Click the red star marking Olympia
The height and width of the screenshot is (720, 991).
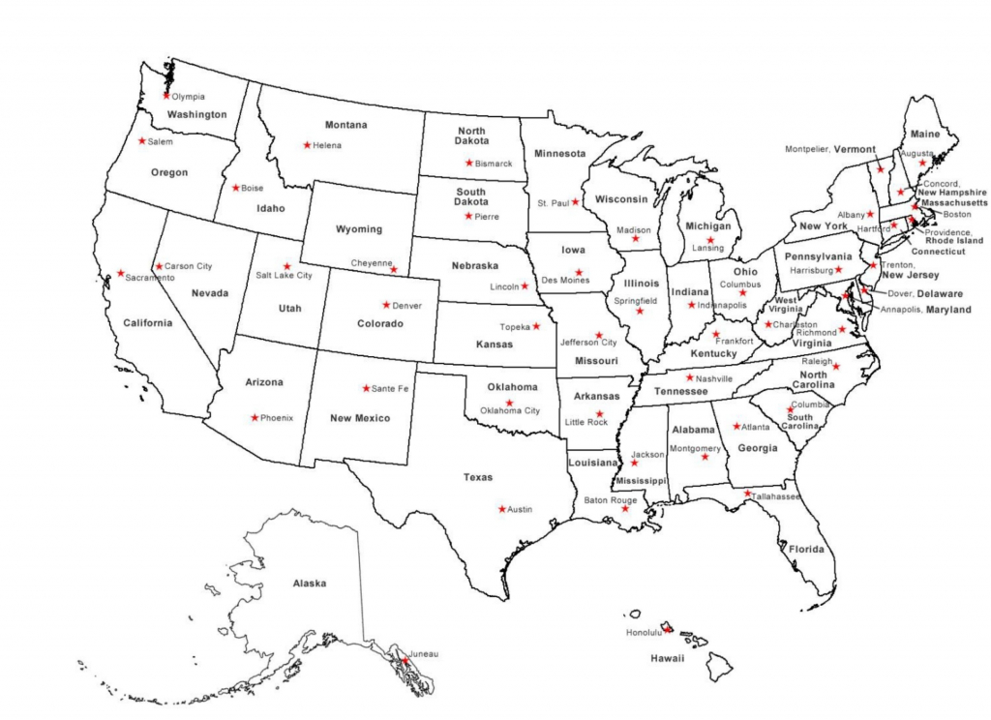point(166,96)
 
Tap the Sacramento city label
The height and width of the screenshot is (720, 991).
point(149,278)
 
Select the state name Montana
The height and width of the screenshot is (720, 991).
point(345,125)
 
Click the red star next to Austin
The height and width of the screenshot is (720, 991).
point(501,509)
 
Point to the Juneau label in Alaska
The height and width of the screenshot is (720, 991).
point(424,654)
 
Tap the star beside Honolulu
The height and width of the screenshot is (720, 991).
point(667,629)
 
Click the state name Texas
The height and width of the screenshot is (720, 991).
point(477,477)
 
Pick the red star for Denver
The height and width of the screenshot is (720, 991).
point(386,305)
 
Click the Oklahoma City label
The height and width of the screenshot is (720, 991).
point(510,410)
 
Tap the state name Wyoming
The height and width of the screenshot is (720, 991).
point(358,229)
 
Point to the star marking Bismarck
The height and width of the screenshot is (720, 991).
point(469,163)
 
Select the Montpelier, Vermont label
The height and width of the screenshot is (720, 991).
point(829,149)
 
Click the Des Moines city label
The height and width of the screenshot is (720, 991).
point(566,281)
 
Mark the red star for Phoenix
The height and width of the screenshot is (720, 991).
point(255,418)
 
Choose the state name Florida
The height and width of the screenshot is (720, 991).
point(805,549)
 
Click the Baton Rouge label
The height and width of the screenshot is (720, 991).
point(610,500)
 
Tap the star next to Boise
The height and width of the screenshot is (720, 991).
point(235,188)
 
